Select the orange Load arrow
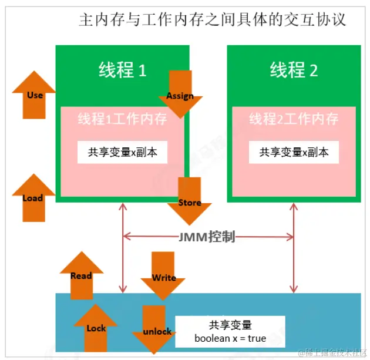tap(33, 198)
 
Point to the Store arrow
tap(190, 201)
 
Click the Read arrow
tap(82, 275)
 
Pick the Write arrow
tap(163, 276)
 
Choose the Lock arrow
tap(96, 328)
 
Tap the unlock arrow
tap(154, 330)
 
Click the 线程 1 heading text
tap(123, 70)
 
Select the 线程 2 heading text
tap(294, 70)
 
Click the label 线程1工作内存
tap(123, 119)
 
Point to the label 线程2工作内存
tap(294, 119)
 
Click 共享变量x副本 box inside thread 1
tap(123, 152)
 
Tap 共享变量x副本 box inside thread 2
tap(294, 152)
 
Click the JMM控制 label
tap(207, 237)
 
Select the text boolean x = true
tap(230, 338)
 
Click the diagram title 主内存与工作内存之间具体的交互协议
tap(213, 19)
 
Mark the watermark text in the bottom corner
tap(333, 353)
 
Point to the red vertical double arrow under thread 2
tap(294, 248)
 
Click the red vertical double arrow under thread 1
tap(123, 248)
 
